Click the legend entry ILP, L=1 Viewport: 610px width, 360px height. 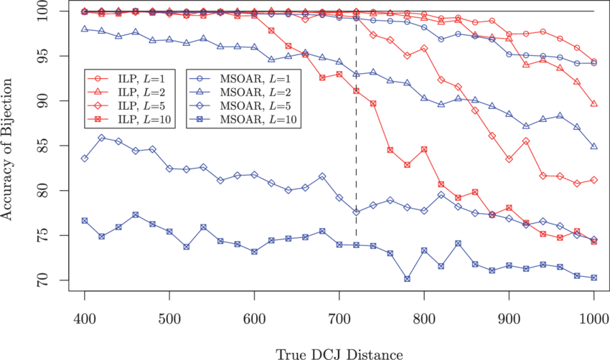coord(133,78)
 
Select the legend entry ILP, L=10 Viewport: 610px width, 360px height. coord(133,118)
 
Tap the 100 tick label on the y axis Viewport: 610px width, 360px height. coord(44,11)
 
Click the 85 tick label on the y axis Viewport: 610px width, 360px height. coord(44,146)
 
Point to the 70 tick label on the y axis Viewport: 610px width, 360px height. coord(44,280)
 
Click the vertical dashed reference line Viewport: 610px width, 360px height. coord(356,143)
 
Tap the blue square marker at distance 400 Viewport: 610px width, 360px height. coord(85,221)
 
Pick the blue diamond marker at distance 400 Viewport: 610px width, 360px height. coord(85,158)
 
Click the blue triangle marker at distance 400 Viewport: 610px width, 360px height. coord(85,29)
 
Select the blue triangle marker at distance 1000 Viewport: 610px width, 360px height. coord(593,146)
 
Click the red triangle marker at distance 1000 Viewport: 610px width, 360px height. coord(593,104)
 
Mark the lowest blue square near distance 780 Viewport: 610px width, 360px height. coord(407,279)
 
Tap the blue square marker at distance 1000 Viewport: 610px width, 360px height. coord(593,278)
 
